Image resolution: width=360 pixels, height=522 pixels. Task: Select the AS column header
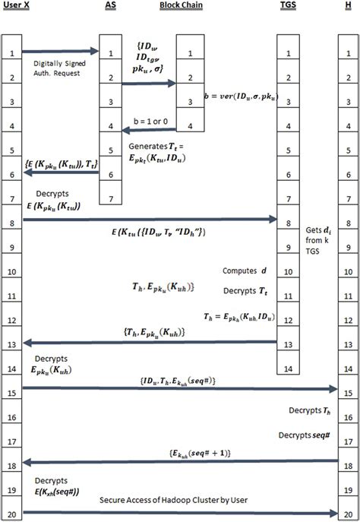point(111,5)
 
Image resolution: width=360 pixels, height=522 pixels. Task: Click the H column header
point(347,5)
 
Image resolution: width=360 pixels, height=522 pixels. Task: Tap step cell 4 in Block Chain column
point(189,126)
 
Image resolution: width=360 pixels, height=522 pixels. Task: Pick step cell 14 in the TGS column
point(288,368)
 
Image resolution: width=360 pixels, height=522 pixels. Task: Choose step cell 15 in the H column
point(347,393)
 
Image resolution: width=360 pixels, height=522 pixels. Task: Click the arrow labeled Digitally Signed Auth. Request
point(61,51)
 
